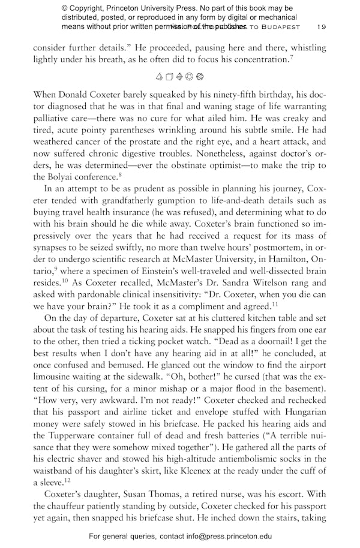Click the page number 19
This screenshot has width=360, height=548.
coord(322,27)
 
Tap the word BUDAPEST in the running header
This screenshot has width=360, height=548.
coord(283,27)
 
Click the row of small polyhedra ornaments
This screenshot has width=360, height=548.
coord(180,77)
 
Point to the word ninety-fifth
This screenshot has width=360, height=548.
coord(221,94)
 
